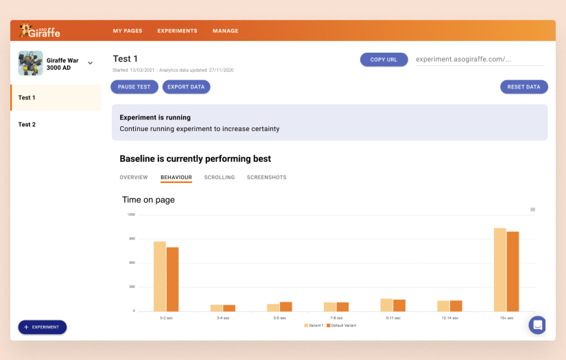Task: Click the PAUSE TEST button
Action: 134,87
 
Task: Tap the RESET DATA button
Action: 524,87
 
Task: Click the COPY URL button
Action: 384,60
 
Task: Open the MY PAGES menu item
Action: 128,31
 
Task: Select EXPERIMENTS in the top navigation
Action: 177,31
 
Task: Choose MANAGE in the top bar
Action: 226,31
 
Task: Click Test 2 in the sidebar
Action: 27,125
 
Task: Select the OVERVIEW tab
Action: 134,178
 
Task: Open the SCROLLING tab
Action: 220,178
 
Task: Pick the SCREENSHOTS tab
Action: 267,178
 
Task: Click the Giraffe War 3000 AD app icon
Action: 30,63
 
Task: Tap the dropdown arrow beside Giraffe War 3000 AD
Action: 90,63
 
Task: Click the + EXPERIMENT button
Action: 43,327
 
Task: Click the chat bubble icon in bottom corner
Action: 537,325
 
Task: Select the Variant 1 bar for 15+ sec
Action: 499,269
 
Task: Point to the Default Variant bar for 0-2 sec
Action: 172,279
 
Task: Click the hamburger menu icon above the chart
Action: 532,210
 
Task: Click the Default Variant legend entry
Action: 341,325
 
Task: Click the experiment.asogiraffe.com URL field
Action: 479,60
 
